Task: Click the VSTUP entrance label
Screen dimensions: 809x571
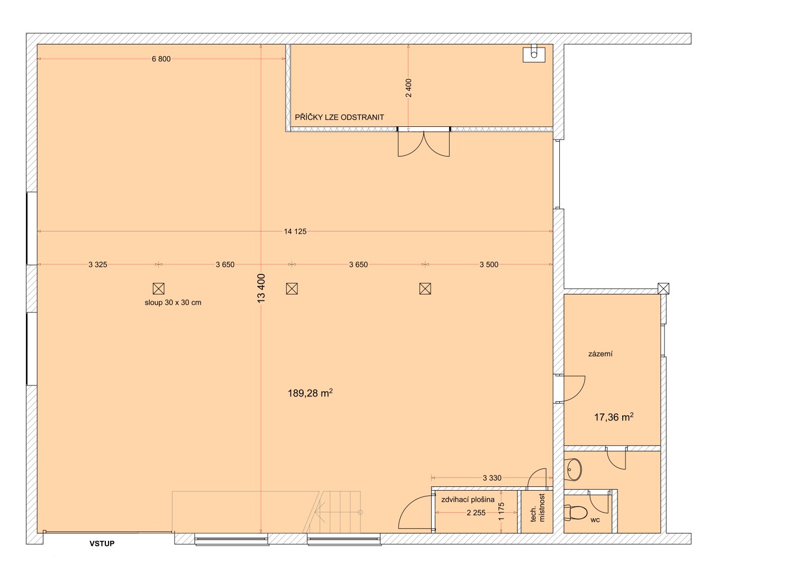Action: pos(102,544)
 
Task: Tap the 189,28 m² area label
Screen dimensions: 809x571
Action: pos(310,393)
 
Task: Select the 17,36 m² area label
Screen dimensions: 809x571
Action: pos(614,417)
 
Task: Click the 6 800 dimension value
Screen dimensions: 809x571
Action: pos(161,59)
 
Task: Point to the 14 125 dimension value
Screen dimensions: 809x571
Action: pos(295,232)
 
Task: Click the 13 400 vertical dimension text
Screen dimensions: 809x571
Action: pos(261,288)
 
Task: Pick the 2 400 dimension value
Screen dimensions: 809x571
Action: pos(408,88)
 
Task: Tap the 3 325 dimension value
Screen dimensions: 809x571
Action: pos(98,264)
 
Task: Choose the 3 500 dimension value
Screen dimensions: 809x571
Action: pos(489,264)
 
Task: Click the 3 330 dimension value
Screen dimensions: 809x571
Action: pos(492,478)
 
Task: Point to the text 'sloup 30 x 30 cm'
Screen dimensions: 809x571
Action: pos(173,302)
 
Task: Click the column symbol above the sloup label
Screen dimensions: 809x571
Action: pos(159,289)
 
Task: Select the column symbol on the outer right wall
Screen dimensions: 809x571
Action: pos(663,288)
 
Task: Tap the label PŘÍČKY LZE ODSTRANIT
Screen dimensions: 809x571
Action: pos(340,117)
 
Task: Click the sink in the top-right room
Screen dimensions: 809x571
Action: pos(534,54)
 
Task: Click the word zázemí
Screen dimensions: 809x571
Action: pos(600,354)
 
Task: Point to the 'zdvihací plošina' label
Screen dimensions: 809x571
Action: pos(468,500)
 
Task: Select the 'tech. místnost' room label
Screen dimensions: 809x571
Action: pos(538,508)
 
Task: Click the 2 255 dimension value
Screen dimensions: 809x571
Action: pos(476,513)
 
